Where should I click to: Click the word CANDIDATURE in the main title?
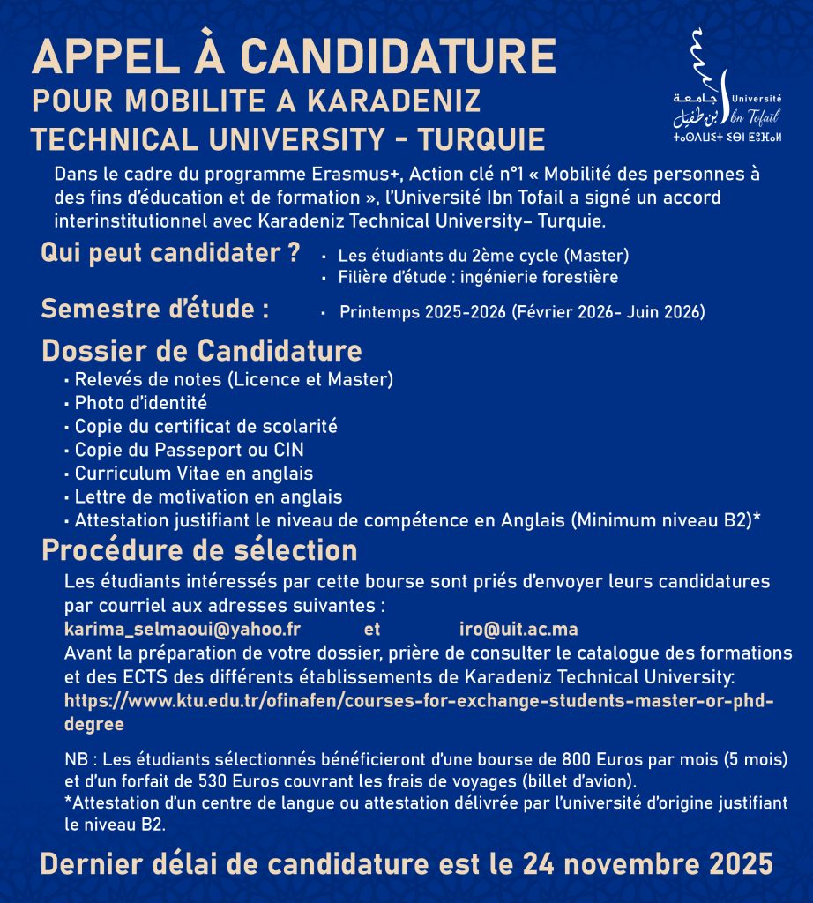point(398,59)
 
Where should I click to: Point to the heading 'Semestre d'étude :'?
point(154,310)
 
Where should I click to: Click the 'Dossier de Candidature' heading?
point(202,350)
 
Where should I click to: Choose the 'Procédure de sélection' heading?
point(199,550)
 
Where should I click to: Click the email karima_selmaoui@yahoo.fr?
point(183,630)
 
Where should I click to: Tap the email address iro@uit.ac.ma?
point(518,630)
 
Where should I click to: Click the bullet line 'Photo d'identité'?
point(140,403)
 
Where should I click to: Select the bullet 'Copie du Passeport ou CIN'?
point(189,450)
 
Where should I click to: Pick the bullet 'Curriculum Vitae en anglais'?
point(193,474)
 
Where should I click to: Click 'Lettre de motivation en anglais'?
point(208,496)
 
